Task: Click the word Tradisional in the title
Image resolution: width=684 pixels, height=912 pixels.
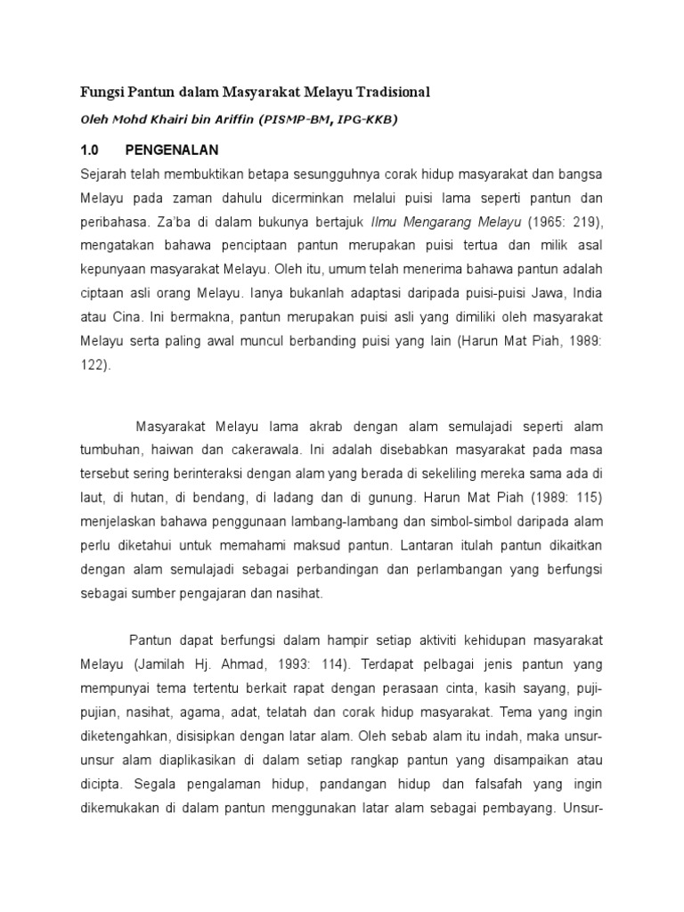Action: (387, 92)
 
